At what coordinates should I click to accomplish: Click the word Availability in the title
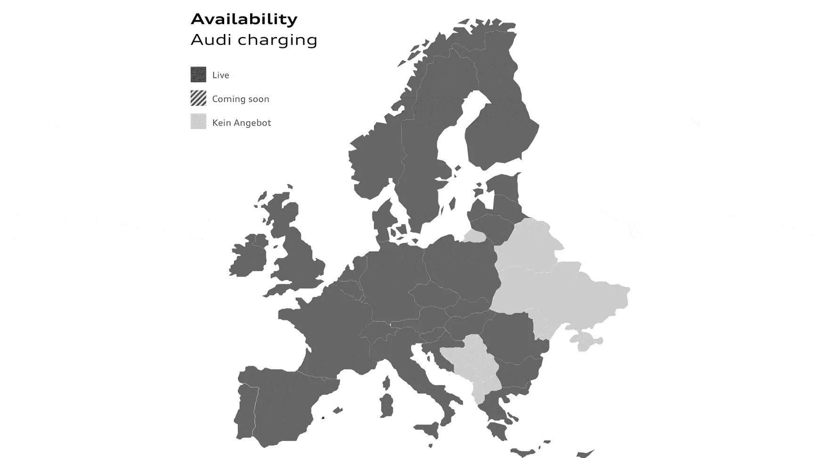point(244,19)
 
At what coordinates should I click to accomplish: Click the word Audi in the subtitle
point(211,40)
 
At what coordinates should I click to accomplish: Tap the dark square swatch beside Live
point(198,74)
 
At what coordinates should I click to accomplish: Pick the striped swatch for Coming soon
point(198,98)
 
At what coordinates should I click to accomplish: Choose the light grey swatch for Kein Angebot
point(198,122)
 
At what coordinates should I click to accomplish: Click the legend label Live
point(220,75)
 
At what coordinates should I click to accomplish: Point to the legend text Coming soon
point(240,99)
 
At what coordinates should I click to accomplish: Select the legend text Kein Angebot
point(241,123)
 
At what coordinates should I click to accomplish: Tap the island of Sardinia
point(387,406)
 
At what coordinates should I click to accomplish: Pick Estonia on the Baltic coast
point(504,185)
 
